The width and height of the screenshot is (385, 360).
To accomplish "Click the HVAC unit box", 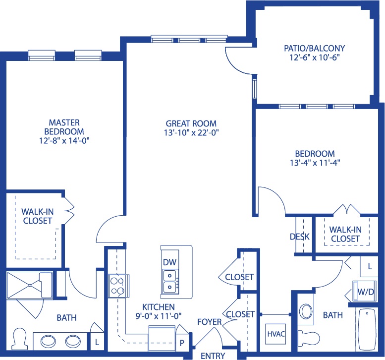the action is (x=276, y=334).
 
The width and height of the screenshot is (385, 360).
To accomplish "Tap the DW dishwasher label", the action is (x=169, y=262).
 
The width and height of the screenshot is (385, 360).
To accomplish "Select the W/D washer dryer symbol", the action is (x=365, y=291).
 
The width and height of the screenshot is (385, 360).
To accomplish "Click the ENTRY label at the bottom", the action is (x=213, y=356).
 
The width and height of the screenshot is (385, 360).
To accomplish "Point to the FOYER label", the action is (x=210, y=322).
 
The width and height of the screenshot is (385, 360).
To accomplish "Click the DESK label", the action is (x=300, y=237).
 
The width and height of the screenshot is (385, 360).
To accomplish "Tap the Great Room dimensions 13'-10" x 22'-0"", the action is (x=191, y=133).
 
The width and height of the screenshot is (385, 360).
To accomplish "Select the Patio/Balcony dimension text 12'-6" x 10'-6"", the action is (x=315, y=58).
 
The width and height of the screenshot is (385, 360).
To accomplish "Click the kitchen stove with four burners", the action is (x=118, y=286).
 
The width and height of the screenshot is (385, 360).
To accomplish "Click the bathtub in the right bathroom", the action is (x=367, y=329).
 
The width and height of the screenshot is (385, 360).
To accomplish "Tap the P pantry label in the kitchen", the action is (x=182, y=343).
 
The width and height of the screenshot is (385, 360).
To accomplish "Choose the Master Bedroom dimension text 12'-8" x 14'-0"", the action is (x=64, y=140).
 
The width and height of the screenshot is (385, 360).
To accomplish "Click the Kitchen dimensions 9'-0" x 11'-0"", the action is (x=159, y=316).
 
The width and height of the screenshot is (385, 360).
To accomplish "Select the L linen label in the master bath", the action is (x=97, y=342).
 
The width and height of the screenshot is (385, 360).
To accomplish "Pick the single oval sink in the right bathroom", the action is (x=306, y=311).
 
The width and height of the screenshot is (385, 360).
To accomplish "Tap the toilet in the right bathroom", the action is (x=309, y=337).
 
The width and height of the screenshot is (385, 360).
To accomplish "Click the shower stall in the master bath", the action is (x=29, y=285).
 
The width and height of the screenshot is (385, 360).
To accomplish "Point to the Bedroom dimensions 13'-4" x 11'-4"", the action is (x=315, y=163).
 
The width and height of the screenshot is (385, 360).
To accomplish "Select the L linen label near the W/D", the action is (x=370, y=266).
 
